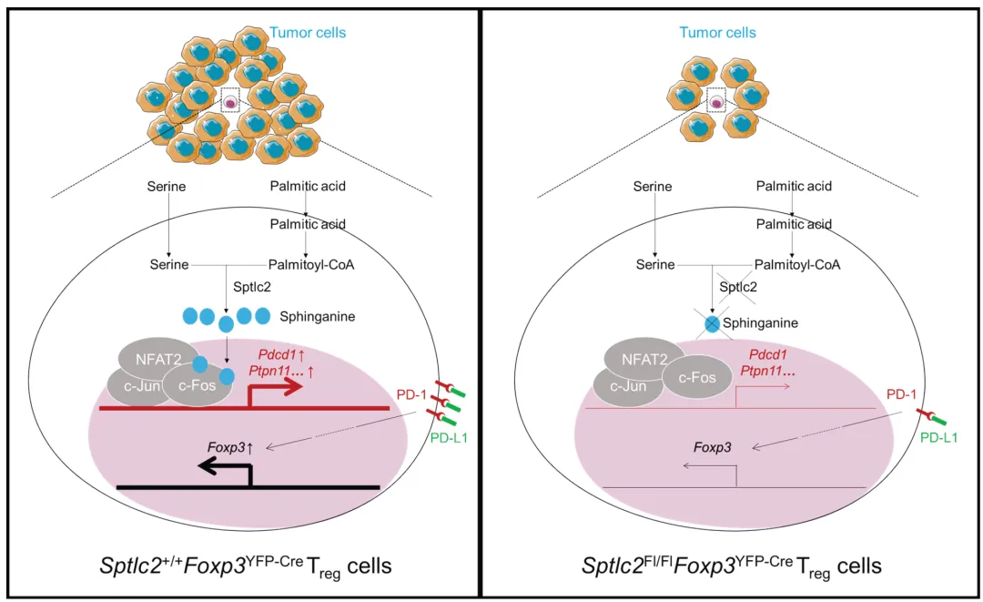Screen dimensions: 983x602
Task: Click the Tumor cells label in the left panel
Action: [x=308, y=33]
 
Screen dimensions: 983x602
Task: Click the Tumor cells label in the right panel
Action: [x=718, y=33]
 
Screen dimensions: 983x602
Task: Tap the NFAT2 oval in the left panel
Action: [x=158, y=359]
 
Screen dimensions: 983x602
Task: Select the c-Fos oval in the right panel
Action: [x=697, y=378]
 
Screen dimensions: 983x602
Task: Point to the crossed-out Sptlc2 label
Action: [x=738, y=287]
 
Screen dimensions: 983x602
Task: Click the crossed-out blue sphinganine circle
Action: [x=713, y=323]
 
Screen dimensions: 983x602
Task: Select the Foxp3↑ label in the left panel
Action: [x=230, y=448]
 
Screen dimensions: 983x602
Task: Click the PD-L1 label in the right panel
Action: [x=938, y=438]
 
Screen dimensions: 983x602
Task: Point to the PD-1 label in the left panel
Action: [x=411, y=394]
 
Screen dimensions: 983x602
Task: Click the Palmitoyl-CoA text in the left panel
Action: [x=311, y=265]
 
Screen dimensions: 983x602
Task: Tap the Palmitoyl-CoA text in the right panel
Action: [x=796, y=265]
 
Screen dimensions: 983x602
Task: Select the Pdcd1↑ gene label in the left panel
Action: [x=281, y=355]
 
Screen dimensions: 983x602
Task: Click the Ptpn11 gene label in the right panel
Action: [x=767, y=371]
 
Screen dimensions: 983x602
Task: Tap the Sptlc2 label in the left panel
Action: [x=252, y=287]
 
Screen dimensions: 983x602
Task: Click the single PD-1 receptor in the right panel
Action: [x=926, y=414]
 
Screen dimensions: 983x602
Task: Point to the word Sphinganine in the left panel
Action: [x=318, y=317]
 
